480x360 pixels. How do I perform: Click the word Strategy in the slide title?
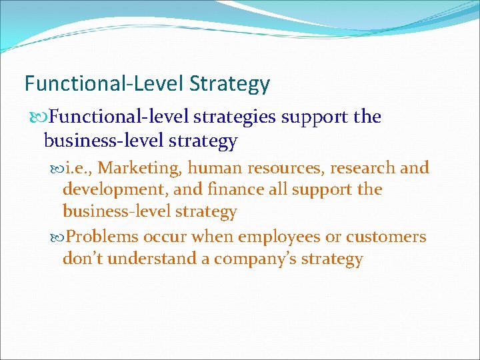[x=229, y=84]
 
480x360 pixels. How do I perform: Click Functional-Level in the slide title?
[x=105, y=84]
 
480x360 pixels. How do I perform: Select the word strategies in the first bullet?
[x=234, y=117]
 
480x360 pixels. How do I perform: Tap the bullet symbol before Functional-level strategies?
[x=40, y=117]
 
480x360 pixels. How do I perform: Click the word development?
[x=115, y=189]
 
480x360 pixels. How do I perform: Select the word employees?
[x=275, y=237]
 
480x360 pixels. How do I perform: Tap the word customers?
[x=386, y=237]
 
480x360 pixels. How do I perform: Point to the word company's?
[x=257, y=259]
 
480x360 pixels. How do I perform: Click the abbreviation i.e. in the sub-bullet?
[x=79, y=168]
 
